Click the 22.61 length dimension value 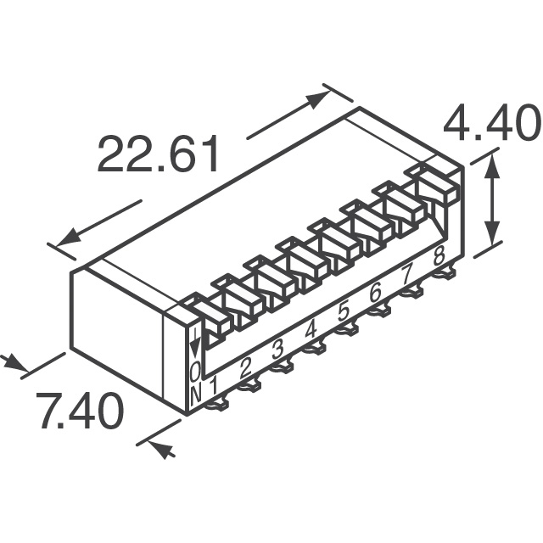coord(159,154)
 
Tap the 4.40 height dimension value coord(492,123)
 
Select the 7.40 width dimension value coord(80,411)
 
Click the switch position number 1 coord(214,386)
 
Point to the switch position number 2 coord(245,368)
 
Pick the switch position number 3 coord(277,350)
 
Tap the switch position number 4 coord(311,330)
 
